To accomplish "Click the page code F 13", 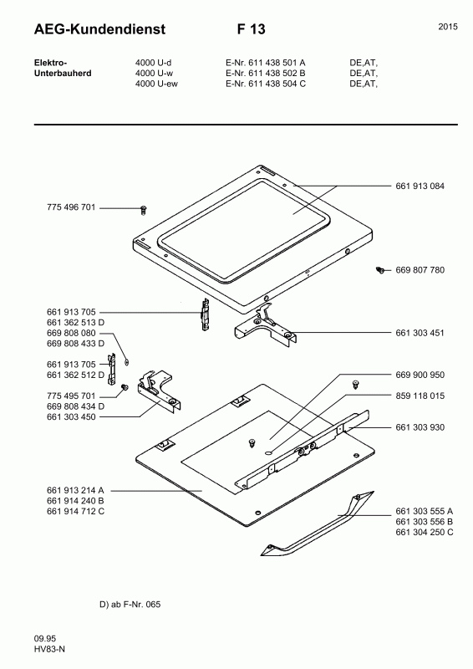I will (251, 29).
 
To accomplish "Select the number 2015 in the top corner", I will (447, 28).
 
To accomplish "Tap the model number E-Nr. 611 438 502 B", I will (266, 74).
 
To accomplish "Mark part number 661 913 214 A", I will (76, 490).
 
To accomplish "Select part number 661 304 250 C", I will (425, 533).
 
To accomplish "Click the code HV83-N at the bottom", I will (49, 650).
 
